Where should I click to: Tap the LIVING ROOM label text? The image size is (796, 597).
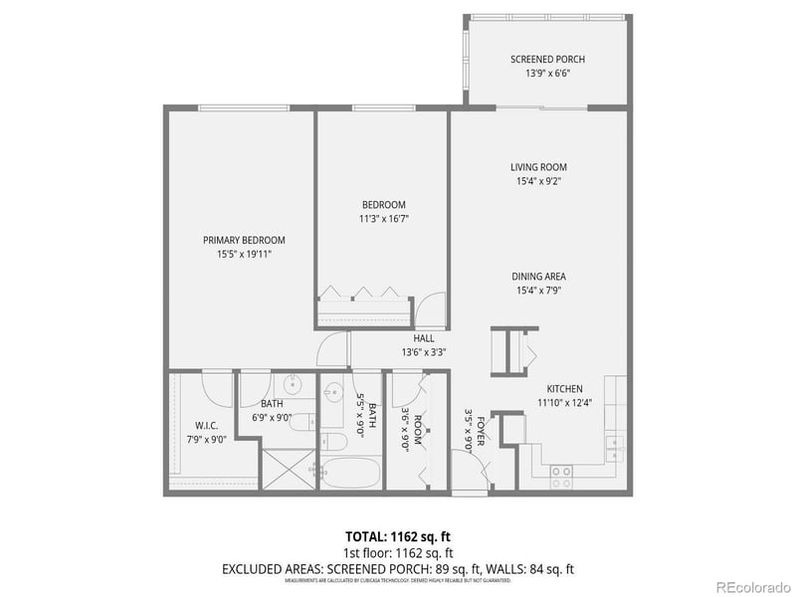(539, 167)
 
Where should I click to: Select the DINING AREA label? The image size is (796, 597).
(539, 277)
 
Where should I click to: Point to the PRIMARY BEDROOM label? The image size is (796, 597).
(244, 240)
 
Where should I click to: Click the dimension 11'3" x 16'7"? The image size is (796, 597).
(383, 219)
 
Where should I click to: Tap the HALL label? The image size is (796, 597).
(424, 338)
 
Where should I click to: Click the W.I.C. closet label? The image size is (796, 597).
(206, 425)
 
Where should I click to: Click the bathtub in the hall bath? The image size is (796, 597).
(349, 472)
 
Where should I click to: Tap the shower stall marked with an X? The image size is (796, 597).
(287, 469)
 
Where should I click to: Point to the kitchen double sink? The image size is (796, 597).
(614, 445)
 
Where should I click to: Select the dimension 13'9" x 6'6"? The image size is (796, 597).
(540, 73)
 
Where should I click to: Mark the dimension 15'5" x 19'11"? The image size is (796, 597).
(244, 254)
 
